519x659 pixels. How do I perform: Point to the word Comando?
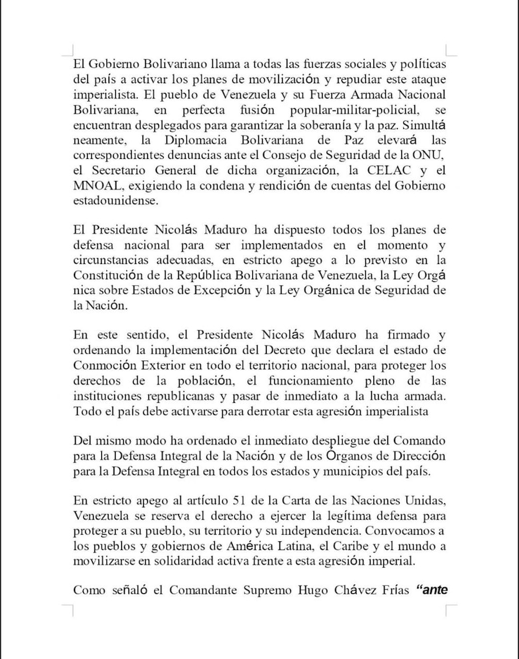(x=422, y=442)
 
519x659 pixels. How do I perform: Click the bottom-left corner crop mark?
(x=68, y=610)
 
